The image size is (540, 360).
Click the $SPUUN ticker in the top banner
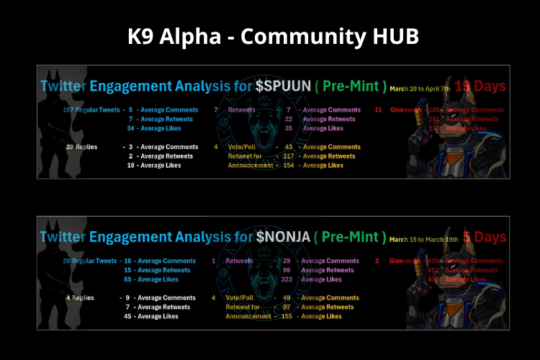pos(283,86)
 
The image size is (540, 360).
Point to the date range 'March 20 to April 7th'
pos(419,89)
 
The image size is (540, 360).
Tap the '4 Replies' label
pos(79,297)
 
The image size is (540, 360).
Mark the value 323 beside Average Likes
pos(287,279)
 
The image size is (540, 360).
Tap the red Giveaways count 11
pos(378,110)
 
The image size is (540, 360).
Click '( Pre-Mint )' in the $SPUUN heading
pos(351,86)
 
